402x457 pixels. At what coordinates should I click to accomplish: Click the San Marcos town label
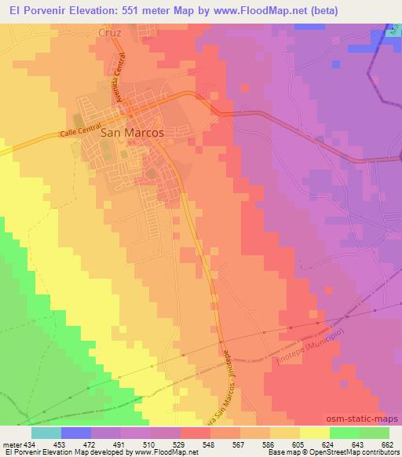pyautogui.click(x=133, y=133)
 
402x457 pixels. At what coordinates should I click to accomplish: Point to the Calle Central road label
pyautogui.click(x=79, y=134)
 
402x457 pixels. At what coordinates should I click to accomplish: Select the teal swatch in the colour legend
pyautogui.click(x=46, y=433)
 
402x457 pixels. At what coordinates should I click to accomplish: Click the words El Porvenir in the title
pyautogui.click(x=31, y=9)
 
